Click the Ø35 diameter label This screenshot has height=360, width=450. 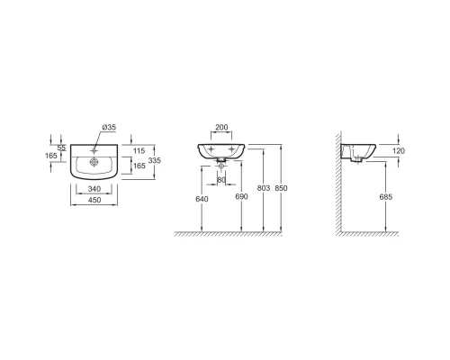[x=109, y=127]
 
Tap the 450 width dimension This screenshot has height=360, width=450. [x=94, y=200]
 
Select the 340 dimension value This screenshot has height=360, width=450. [x=94, y=189]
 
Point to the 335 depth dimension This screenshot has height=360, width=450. [x=155, y=160]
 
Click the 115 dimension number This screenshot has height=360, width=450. [x=139, y=151]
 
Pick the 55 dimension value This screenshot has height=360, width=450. [x=61, y=148]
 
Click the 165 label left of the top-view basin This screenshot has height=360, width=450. [x=50, y=156]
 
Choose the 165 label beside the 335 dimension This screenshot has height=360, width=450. [x=139, y=166]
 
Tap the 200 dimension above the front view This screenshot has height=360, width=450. [x=221, y=127]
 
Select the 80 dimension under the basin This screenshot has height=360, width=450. [x=221, y=180]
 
